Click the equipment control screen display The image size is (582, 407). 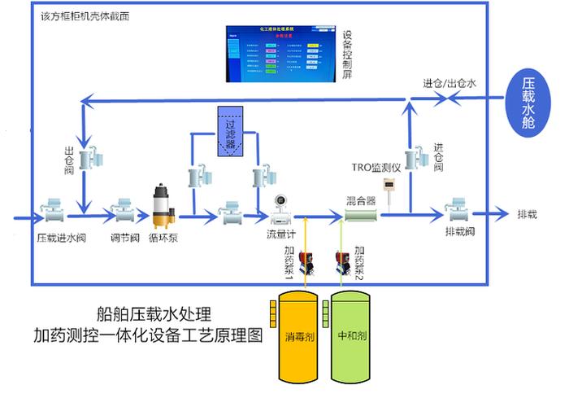coord(278,54)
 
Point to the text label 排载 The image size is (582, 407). coord(528,215)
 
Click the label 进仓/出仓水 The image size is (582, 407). coord(450,82)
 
